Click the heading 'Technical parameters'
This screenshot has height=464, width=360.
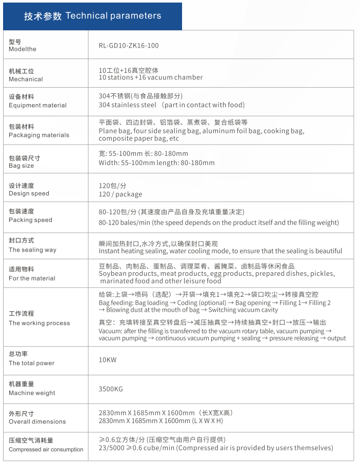pyautogui.click(x=113, y=16)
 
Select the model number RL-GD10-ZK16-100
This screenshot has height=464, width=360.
pyautogui.click(x=129, y=46)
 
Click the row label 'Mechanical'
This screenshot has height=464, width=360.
pyautogui.click(x=26, y=79)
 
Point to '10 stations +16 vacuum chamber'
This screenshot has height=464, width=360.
pyautogui.click(x=150, y=78)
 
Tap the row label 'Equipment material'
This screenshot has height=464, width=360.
pyautogui.click(x=37, y=106)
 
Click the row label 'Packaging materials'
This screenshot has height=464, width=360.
pyautogui.click(x=38, y=135)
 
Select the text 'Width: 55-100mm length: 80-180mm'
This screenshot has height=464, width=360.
pyautogui.click(x=156, y=163)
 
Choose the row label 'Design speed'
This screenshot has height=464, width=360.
pyautogui.click(x=29, y=194)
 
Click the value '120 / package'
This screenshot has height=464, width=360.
pyautogui.click(x=120, y=195)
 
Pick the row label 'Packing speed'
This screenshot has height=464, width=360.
pyautogui.click(x=30, y=220)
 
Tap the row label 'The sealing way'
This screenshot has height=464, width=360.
pyautogui.click(x=32, y=250)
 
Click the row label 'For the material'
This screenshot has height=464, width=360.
pyautogui.click(x=32, y=278)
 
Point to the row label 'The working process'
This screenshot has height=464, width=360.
pyautogui.click(x=39, y=324)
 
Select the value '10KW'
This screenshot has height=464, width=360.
pyautogui.click(x=108, y=360)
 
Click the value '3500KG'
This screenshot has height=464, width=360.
pyautogui.click(x=111, y=390)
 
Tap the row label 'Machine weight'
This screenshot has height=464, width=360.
pyautogui.click(x=32, y=393)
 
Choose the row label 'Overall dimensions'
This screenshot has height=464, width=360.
pyautogui.click(x=37, y=422)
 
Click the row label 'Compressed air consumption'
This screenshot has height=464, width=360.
pyautogui.click(x=46, y=450)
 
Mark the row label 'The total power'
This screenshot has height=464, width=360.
pyautogui.click(x=31, y=364)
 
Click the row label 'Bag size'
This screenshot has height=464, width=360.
pyautogui.click(x=21, y=166)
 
